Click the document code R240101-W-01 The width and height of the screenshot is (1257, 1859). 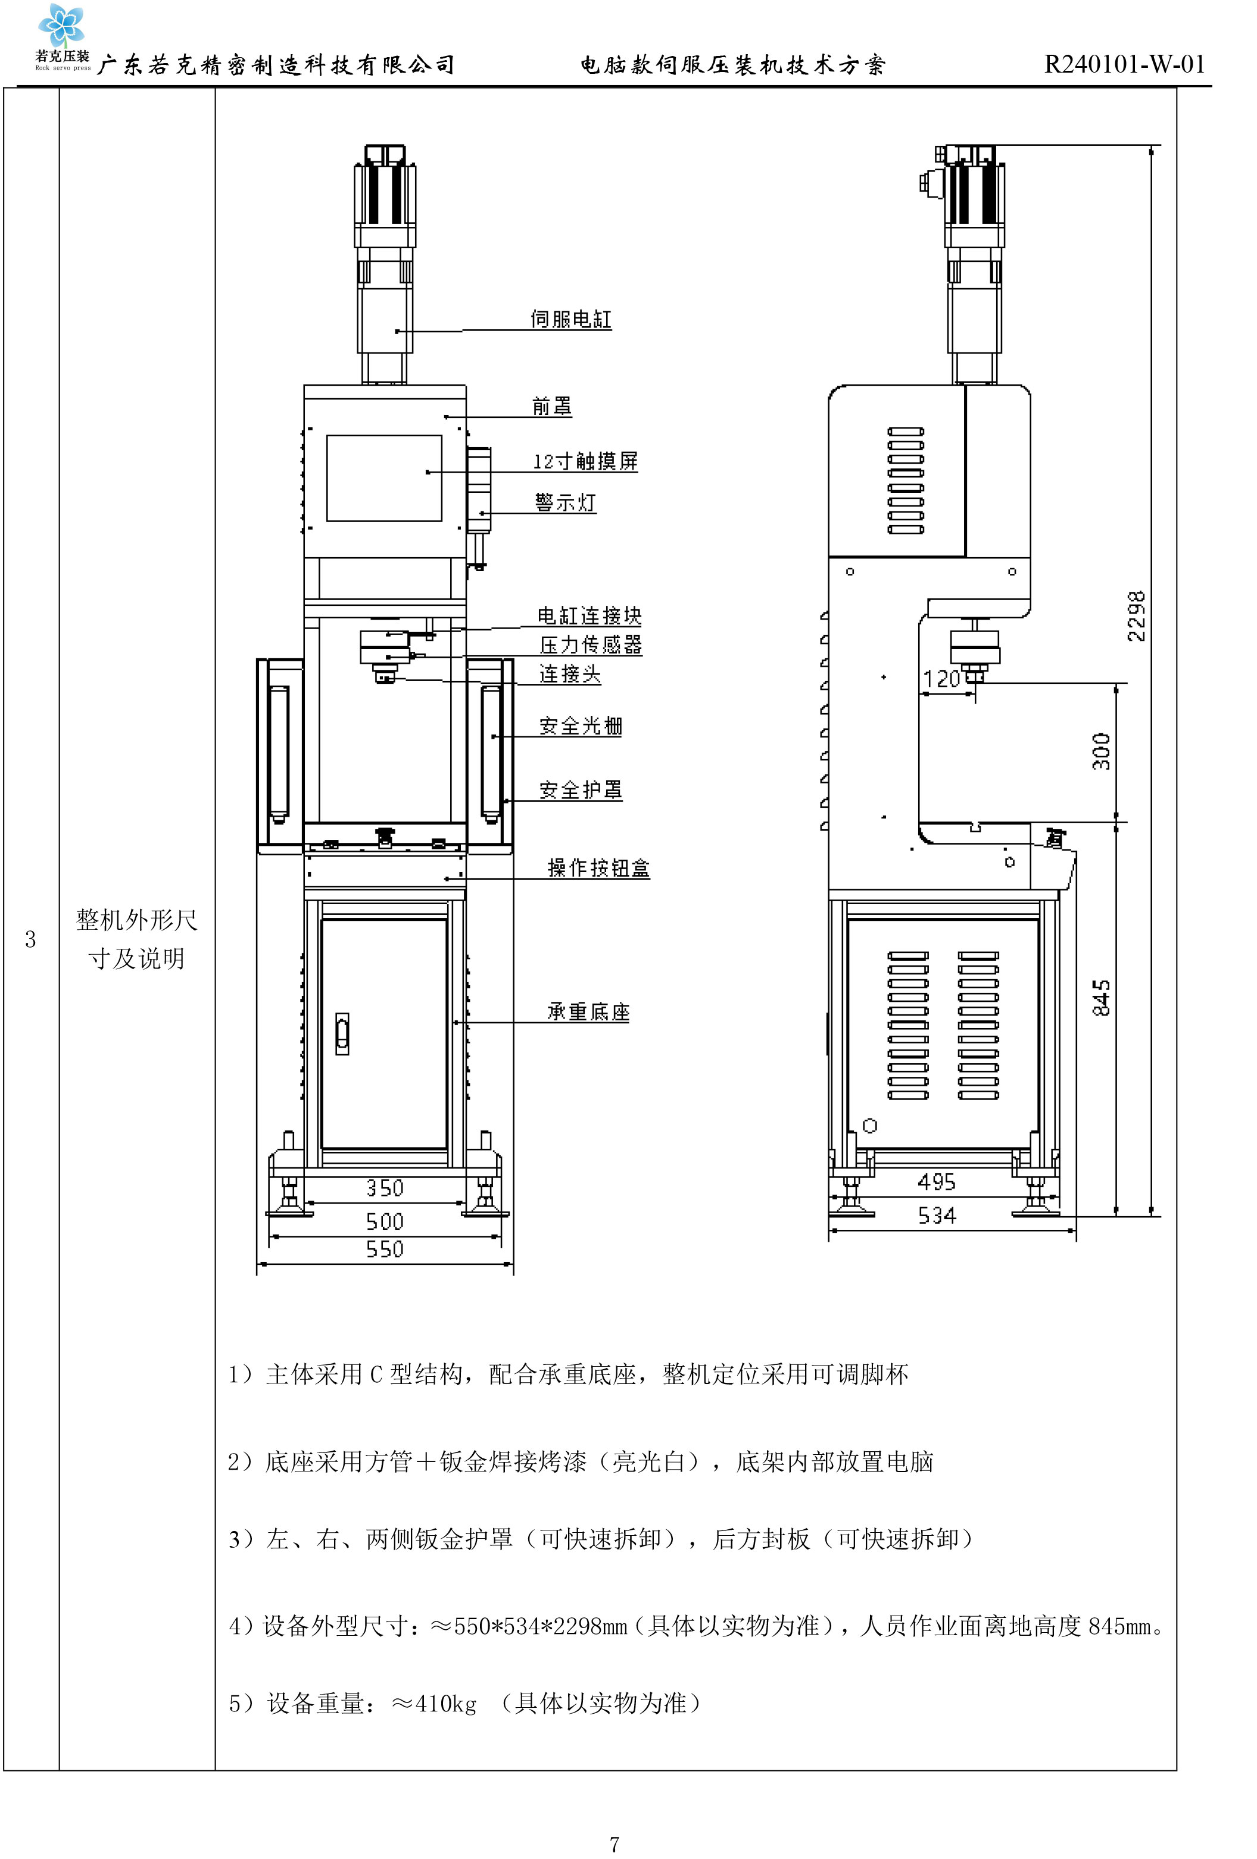(x=1124, y=64)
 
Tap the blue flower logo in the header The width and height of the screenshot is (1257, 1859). (x=61, y=26)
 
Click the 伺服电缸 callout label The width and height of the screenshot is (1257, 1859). (x=570, y=319)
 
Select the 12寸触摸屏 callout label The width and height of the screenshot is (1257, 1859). (x=585, y=461)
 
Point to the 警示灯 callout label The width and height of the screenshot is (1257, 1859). (x=565, y=502)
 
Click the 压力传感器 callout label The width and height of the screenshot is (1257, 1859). (x=591, y=645)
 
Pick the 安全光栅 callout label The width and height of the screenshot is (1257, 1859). (x=580, y=726)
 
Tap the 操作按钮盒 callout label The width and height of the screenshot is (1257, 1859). (x=598, y=868)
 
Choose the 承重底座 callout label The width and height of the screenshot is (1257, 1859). (x=588, y=1012)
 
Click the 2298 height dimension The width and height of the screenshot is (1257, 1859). (x=1136, y=616)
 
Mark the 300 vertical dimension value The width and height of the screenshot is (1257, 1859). (x=1101, y=751)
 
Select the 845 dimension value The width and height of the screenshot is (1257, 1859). (x=1101, y=998)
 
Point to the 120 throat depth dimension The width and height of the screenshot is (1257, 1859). (x=941, y=679)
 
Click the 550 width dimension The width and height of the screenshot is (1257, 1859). (x=385, y=1249)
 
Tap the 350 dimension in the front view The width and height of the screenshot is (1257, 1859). (x=385, y=1188)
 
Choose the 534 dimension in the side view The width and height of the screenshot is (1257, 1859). (x=937, y=1216)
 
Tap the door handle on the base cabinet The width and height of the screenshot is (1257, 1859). (x=342, y=1033)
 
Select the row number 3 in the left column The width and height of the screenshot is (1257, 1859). (x=30, y=939)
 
